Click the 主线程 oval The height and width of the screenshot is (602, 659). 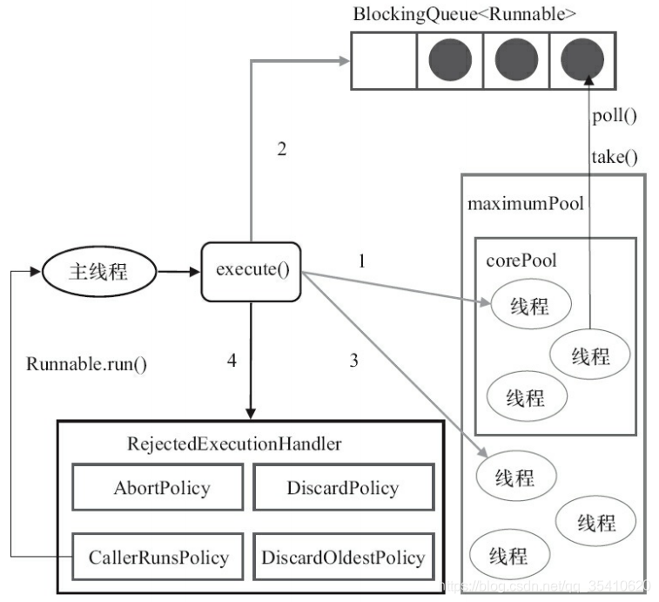point(99,271)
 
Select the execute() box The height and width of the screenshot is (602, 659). point(252,271)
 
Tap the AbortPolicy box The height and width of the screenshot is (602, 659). point(158,487)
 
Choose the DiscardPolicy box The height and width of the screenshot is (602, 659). point(343,487)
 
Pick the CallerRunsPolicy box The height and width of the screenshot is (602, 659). point(158,557)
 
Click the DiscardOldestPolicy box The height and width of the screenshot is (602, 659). point(343,557)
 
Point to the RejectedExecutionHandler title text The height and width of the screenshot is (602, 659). point(234,443)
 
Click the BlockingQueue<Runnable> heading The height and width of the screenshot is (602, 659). point(464,14)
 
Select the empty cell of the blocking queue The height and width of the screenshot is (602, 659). point(384,61)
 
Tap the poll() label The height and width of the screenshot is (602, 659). point(614,116)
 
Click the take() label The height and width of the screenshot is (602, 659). point(614,158)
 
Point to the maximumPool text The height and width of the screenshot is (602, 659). point(525,204)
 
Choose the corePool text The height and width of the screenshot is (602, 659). point(521,260)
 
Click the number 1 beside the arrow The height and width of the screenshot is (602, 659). point(362,261)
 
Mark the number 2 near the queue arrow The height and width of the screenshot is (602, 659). point(282,149)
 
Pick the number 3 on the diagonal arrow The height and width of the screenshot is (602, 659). point(354,361)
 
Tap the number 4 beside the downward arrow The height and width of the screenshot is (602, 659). point(232,361)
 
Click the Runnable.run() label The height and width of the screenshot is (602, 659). point(86,364)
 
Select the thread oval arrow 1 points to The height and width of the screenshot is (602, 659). point(531,304)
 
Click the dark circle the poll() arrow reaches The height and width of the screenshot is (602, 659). point(582,59)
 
